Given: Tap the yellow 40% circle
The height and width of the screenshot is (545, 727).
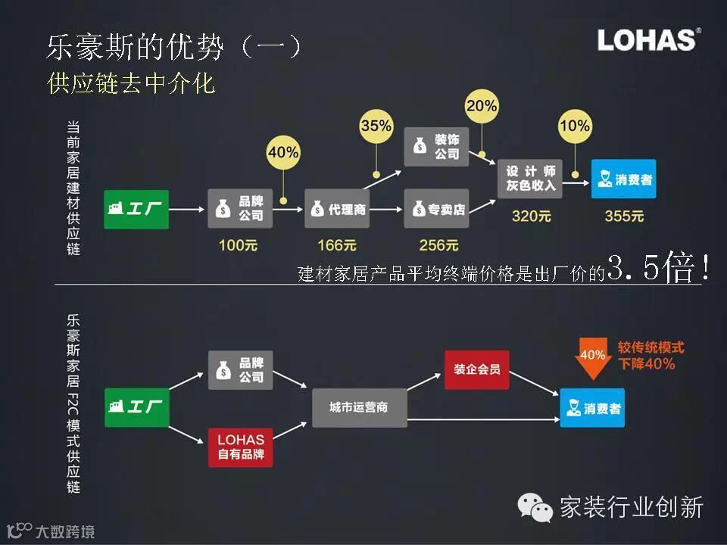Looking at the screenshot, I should coord(283,152).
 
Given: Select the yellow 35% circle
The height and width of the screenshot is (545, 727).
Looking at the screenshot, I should coord(376,126).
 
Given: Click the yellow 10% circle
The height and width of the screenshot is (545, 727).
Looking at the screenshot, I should coord(575,125).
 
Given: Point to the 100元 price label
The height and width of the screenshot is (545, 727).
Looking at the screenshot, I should coord(239,245).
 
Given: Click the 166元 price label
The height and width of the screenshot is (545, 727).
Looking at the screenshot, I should coord(337,245).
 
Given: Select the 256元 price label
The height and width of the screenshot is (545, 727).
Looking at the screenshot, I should coord(438,245).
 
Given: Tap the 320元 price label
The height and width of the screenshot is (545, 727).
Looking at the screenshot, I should coord(532,216).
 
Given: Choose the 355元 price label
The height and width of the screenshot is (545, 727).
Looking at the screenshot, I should coord(624,216).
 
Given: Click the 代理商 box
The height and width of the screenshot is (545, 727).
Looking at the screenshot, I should coord(337,209).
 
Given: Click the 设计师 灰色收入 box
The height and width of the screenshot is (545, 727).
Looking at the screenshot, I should coord(530,179).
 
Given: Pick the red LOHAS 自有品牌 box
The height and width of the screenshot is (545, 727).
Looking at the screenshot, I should coord(240,447).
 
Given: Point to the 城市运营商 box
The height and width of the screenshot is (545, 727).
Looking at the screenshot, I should coord(359,407).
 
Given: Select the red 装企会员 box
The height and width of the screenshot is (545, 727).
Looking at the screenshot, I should coord(477,370).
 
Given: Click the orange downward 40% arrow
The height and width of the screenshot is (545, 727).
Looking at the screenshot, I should coord(592,360).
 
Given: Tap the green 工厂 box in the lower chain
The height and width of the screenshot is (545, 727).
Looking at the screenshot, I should coord(136,407).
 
